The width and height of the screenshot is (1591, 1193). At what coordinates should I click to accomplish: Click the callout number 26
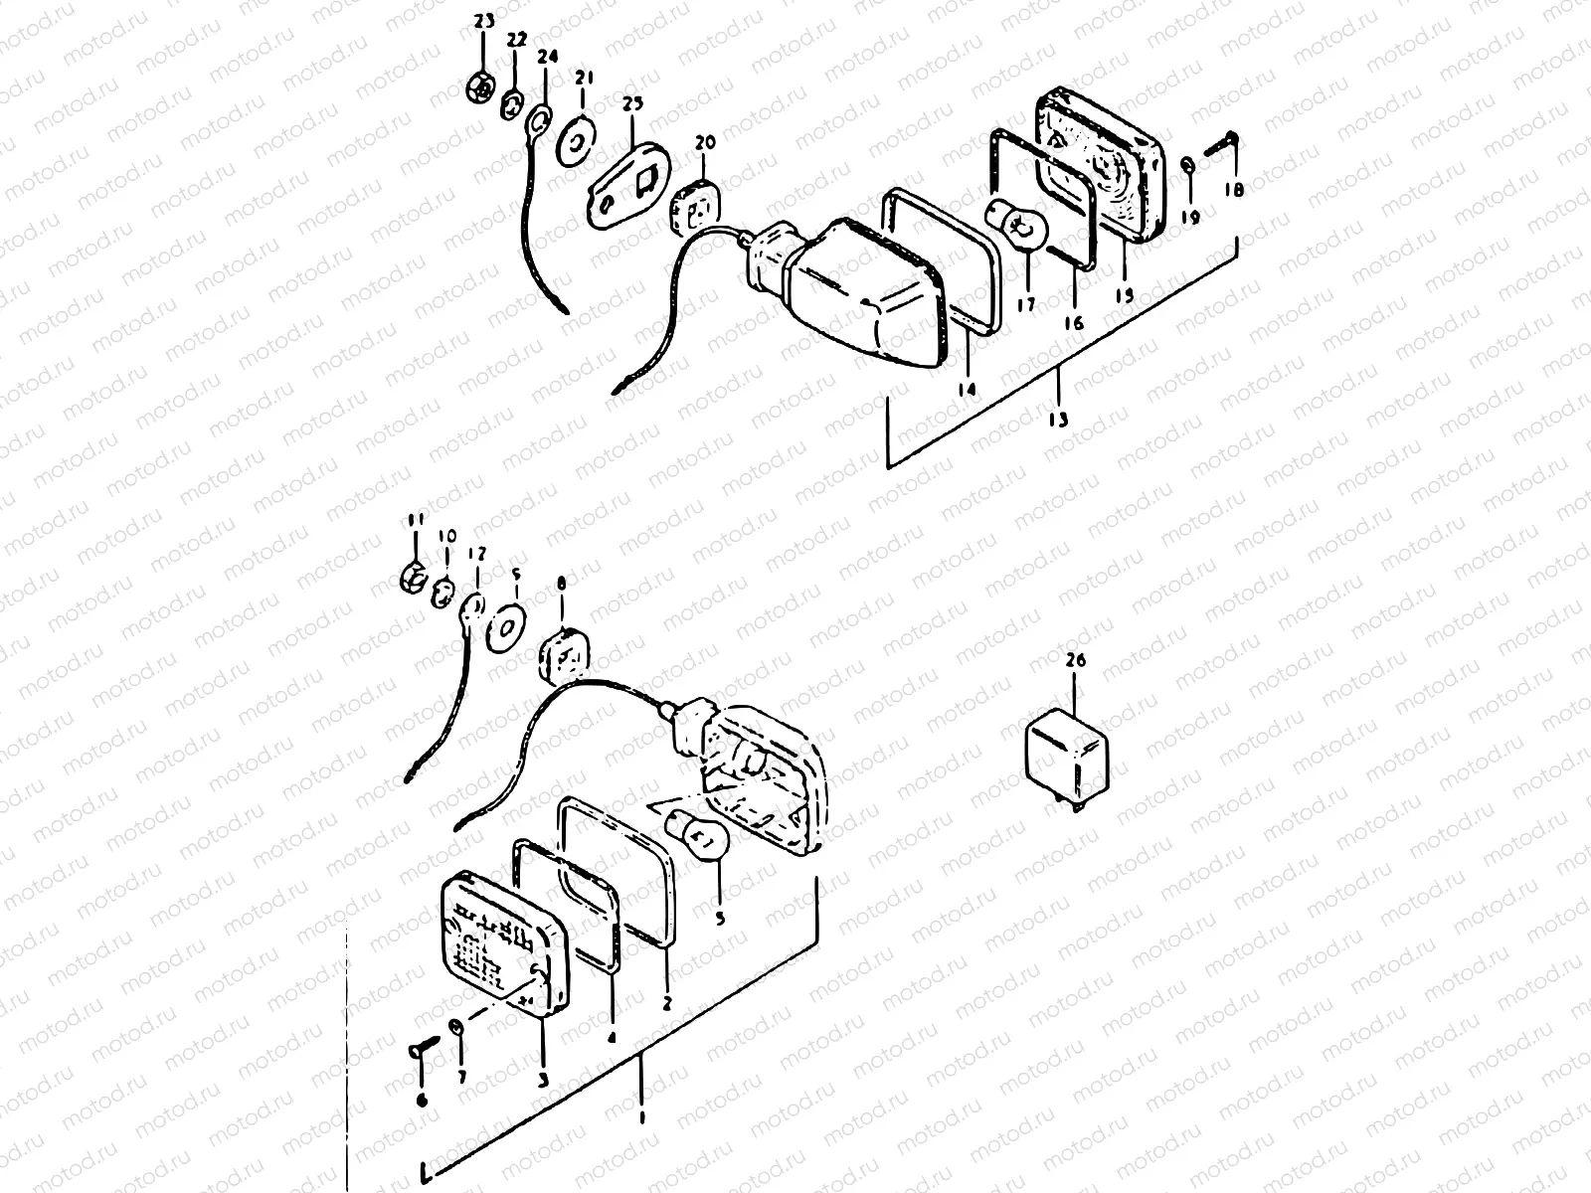click(x=1077, y=660)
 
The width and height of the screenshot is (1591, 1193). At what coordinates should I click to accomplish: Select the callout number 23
click(x=483, y=22)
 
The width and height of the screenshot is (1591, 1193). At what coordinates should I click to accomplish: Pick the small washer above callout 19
click(x=1188, y=164)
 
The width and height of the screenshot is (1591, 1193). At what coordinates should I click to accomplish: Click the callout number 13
click(x=1058, y=420)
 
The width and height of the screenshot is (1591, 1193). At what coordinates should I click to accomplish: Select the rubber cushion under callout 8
click(x=564, y=657)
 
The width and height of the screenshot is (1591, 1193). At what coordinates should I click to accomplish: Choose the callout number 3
click(x=543, y=1079)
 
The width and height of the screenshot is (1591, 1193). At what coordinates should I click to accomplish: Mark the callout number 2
click(x=667, y=1004)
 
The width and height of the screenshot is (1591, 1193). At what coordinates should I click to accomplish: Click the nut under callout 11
click(x=414, y=574)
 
